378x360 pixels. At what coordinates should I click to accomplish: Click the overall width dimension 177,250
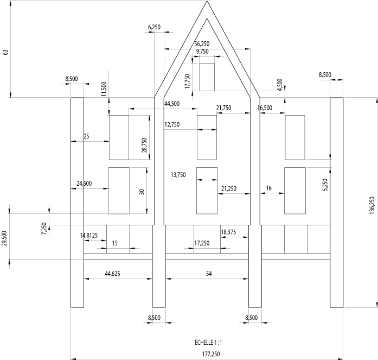(x=211, y=354)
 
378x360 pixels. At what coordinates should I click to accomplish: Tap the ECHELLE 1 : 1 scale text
(x=208, y=343)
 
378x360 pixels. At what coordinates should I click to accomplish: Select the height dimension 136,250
(x=372, y=206)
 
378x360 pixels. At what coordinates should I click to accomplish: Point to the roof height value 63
(x=6, y=52)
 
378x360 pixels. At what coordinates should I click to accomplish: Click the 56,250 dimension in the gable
(x=202, y=43)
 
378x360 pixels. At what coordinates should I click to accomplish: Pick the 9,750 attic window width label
(x=202, y=52)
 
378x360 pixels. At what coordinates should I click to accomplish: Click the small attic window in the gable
(x=207, y=77)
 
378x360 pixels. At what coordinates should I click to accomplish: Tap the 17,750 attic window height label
(x=187, y=81)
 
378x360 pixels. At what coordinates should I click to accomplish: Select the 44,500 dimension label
(x=172, y=104)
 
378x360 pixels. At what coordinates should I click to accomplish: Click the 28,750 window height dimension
(x=144, y=145)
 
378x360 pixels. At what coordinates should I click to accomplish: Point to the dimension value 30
(x=142, y=192)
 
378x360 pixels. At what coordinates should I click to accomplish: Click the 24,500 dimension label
(x=84, y=184)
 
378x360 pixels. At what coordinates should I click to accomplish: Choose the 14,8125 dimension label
(x=89, y=235)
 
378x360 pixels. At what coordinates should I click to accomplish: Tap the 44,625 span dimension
(x=113, y=274)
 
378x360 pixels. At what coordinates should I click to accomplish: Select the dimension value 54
(x=209, y=274)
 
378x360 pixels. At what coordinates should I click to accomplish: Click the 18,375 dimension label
(x=228, y=232)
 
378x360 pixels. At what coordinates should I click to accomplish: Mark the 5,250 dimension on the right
(x=325, y=185)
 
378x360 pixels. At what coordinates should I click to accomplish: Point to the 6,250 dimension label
(x=154, y=27)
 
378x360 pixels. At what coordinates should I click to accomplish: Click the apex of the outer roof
(x=207, y=1)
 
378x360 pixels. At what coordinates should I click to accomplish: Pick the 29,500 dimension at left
(x=4, y=238)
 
